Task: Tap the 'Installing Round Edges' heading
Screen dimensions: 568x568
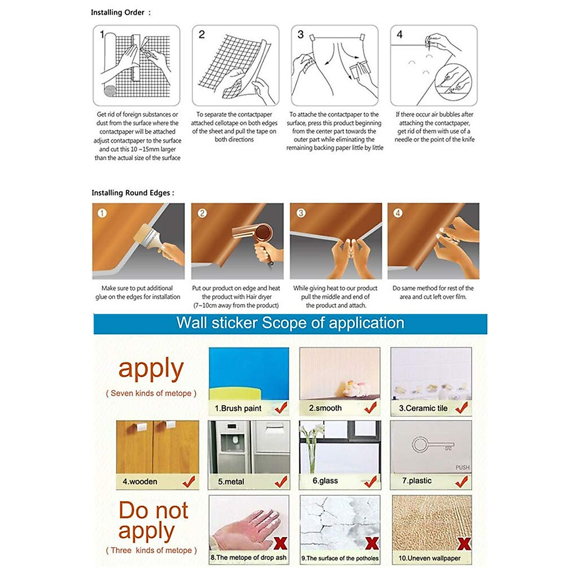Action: click(133, 193)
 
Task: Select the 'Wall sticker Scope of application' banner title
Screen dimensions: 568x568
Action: click(290, 323)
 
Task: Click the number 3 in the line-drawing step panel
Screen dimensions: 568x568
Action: click(301, 35)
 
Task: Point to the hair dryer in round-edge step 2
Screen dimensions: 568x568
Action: click(256, 234)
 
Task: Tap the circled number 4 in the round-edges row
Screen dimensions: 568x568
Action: click(398, 213)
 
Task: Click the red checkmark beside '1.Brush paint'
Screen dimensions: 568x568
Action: click(281, 407)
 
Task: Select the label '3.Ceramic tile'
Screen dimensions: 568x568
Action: click(423, 408)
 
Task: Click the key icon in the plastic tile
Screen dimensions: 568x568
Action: click(432, 445)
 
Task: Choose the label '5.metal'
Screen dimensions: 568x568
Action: click(231, 481)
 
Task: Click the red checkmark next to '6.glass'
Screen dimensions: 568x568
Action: click(371, 481)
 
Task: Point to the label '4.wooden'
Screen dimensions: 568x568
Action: click(140, 481)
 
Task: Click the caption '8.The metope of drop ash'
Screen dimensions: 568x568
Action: click(248, 558)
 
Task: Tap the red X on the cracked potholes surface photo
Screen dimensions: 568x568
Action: click(372, 543)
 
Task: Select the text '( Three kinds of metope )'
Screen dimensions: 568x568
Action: click(151, 550)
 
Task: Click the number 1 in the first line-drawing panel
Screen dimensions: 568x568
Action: click(102, 34)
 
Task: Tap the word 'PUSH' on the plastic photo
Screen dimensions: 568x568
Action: click(462, 467)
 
